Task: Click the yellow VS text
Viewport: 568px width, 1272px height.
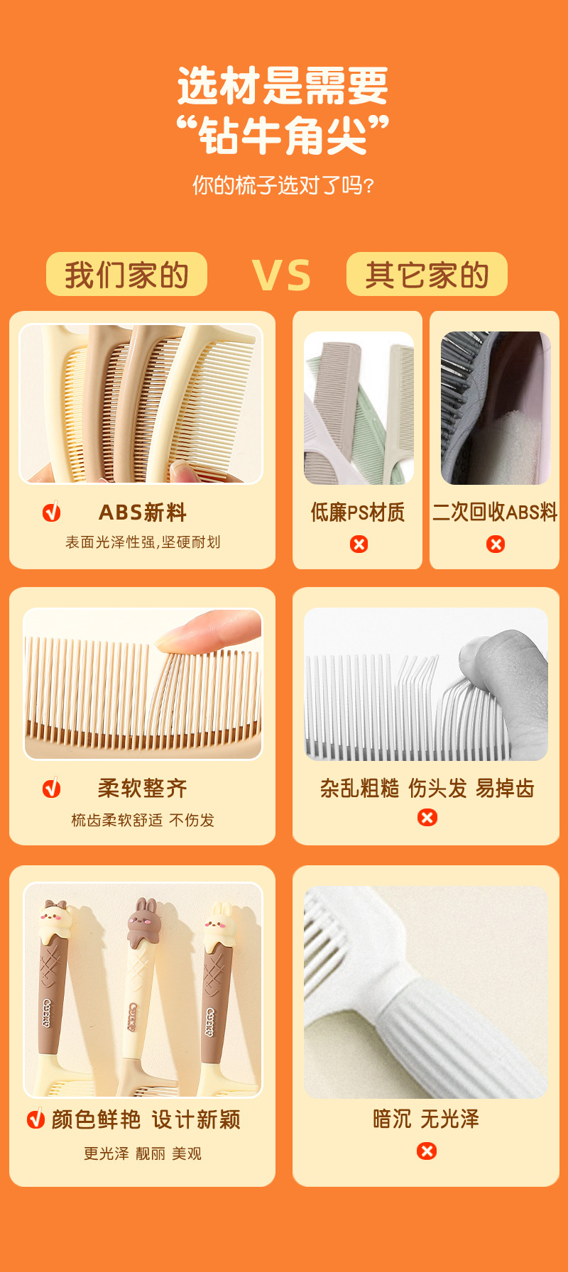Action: tap(281, 275)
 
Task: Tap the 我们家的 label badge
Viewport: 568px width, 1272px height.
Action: tap(126, 274)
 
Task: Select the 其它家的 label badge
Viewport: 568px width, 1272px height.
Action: tap(427, 274)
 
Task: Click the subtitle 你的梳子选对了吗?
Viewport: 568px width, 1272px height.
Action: tap(283, 185)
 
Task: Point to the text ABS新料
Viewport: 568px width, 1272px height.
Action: tap(143, 512)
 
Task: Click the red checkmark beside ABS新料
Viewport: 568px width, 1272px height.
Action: tap(52, 511)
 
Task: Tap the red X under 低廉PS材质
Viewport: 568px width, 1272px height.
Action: tap(359, 544)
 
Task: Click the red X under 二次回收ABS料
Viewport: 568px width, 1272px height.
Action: tap(496, 544)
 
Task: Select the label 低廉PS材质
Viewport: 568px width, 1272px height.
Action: tap(357, 512)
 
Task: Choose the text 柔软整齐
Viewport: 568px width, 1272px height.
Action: tap(143, 788)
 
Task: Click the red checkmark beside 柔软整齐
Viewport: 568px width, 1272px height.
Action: tap(52, 787)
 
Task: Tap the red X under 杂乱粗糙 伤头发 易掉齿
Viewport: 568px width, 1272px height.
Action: tap(427, 817)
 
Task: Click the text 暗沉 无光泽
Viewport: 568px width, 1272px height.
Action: tap(426, 1119)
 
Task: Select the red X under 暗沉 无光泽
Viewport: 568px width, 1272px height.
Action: tap(427, 1151)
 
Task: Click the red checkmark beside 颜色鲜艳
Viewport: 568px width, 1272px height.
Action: tap(35, 1119)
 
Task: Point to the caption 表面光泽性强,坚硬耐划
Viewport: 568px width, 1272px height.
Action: tap(143, 542)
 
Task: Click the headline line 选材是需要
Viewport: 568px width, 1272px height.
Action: tap(283, 86)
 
